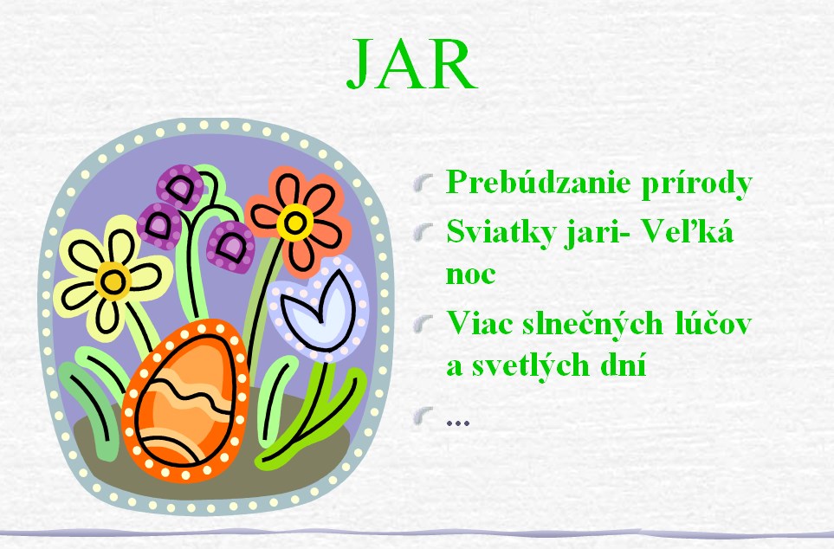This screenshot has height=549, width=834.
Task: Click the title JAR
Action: point(411,65)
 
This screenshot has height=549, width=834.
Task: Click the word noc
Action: point(470,274)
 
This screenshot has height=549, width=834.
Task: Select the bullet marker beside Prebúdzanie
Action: point(423,184)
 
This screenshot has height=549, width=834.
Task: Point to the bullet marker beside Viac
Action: point(423,325)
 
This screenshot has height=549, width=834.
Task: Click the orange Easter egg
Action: point(185,401)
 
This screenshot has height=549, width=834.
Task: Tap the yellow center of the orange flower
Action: point(294,223)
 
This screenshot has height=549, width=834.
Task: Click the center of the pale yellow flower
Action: point(113,281)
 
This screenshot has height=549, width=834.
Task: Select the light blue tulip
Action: point(319,308)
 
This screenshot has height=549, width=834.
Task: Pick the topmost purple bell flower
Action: point(180,187)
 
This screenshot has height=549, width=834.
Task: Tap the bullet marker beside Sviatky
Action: point(423,232)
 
